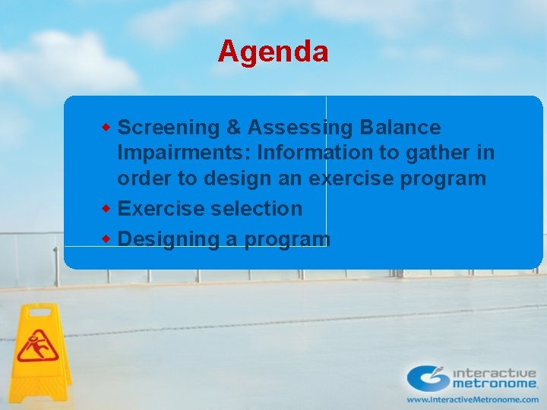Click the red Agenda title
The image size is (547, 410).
tap(273, 52)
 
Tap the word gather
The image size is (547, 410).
tap(439, 153)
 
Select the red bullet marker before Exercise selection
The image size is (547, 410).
tap(107, 207)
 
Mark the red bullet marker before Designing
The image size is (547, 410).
tap(107, 238)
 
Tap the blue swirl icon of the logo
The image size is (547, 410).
tap(429, 377)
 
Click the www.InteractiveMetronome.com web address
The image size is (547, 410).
tap(473, 399)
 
